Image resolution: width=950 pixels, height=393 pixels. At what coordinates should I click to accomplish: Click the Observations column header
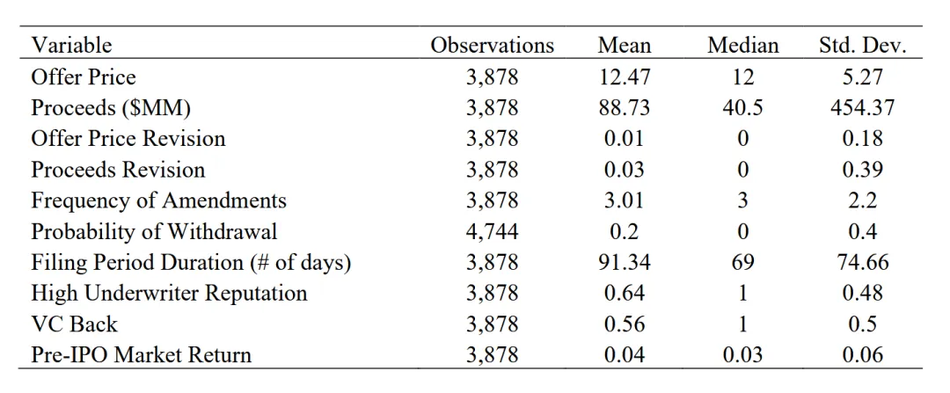pos(492,46)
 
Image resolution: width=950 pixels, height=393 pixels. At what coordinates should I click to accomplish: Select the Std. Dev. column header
pos(862,46)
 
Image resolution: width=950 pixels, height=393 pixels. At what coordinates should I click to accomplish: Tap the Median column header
pos(742,46)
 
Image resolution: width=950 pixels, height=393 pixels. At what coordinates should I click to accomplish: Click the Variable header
pos(71,46)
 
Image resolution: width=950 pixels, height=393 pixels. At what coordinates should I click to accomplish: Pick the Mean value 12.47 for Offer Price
pos(624,76)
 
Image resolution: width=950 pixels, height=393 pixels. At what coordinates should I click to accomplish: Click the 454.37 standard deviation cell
pos(862,108)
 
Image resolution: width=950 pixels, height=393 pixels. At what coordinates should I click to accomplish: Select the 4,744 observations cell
pos(492,231)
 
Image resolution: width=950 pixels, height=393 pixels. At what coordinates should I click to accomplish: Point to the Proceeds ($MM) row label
pos(111,108)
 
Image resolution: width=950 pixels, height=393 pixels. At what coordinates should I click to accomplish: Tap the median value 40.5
pos(742,108)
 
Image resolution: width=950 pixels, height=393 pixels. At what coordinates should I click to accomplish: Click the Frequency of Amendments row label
pos(158,200)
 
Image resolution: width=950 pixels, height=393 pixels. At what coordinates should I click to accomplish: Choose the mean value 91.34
pos(624,262)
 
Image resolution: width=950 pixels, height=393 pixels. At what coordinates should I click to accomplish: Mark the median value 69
pos(742,262)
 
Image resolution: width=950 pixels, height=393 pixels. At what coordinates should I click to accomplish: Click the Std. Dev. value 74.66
pos(862,262)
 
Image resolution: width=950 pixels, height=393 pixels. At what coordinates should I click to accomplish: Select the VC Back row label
pos(74,324)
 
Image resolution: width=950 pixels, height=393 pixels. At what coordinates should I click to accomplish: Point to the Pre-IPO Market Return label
pos(141,355)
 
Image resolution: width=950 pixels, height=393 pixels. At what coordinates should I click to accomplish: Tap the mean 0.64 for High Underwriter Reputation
pos(624,293)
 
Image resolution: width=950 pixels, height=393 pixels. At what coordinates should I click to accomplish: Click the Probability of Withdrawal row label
pos(155,231)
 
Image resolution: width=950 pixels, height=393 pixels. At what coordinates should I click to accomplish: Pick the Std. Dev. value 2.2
pos(862,200)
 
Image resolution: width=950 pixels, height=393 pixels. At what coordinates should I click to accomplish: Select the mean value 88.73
pos(624,108)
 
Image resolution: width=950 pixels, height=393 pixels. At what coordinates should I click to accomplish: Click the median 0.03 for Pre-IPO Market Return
pos(742,355)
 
